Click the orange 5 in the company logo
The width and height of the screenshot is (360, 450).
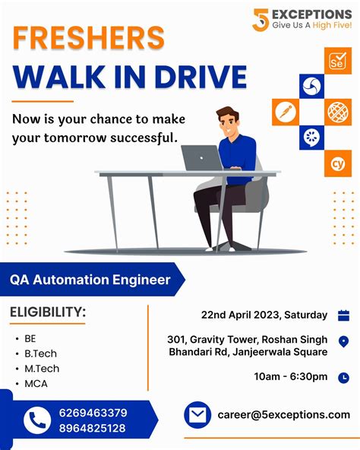[261, 20]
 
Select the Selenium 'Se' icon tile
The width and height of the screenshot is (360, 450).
[337, 61]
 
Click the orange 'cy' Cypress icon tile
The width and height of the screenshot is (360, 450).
[337, 162]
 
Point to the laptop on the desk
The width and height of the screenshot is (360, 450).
[202, 157]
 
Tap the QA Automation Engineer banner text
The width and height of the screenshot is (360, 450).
[90, 280]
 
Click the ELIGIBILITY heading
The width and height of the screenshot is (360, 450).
[47, 312]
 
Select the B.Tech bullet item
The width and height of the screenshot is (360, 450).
[40, 353]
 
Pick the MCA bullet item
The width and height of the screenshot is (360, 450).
[36, 383]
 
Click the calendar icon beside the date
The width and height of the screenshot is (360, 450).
[343, 315]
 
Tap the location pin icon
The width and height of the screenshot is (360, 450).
[343, 342]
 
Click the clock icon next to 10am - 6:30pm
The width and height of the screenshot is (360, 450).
[343, 377]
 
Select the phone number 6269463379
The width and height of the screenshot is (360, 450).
[93, 413]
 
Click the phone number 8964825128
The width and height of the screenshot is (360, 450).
[93, 428]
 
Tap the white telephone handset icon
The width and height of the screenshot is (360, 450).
[36, 420]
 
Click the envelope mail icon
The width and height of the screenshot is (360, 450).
[197, 415]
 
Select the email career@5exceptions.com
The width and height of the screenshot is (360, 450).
[283, 415]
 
